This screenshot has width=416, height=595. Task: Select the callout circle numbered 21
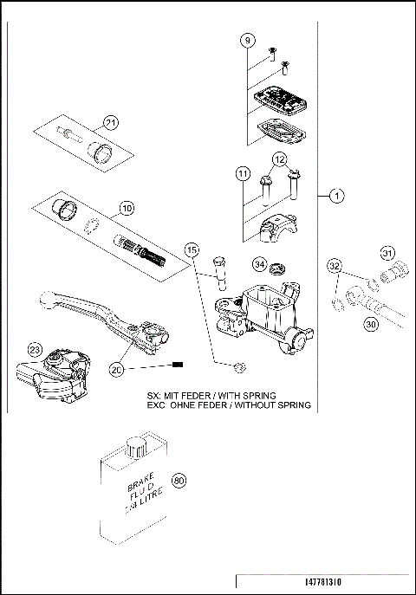pos(110,121)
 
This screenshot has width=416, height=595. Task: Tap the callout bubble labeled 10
pos(127,208)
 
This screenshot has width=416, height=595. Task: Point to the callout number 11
pos(242,175)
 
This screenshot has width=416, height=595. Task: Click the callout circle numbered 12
pos(279,159)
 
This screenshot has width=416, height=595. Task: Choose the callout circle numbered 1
pos(336,196)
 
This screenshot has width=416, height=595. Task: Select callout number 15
pos(192,250)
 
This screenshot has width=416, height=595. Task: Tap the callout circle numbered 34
pos(259,263)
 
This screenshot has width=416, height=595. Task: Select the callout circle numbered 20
pos(118,369)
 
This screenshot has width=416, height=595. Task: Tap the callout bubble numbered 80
pos(180,482)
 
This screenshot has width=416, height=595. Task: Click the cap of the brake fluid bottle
pos(135,447)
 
